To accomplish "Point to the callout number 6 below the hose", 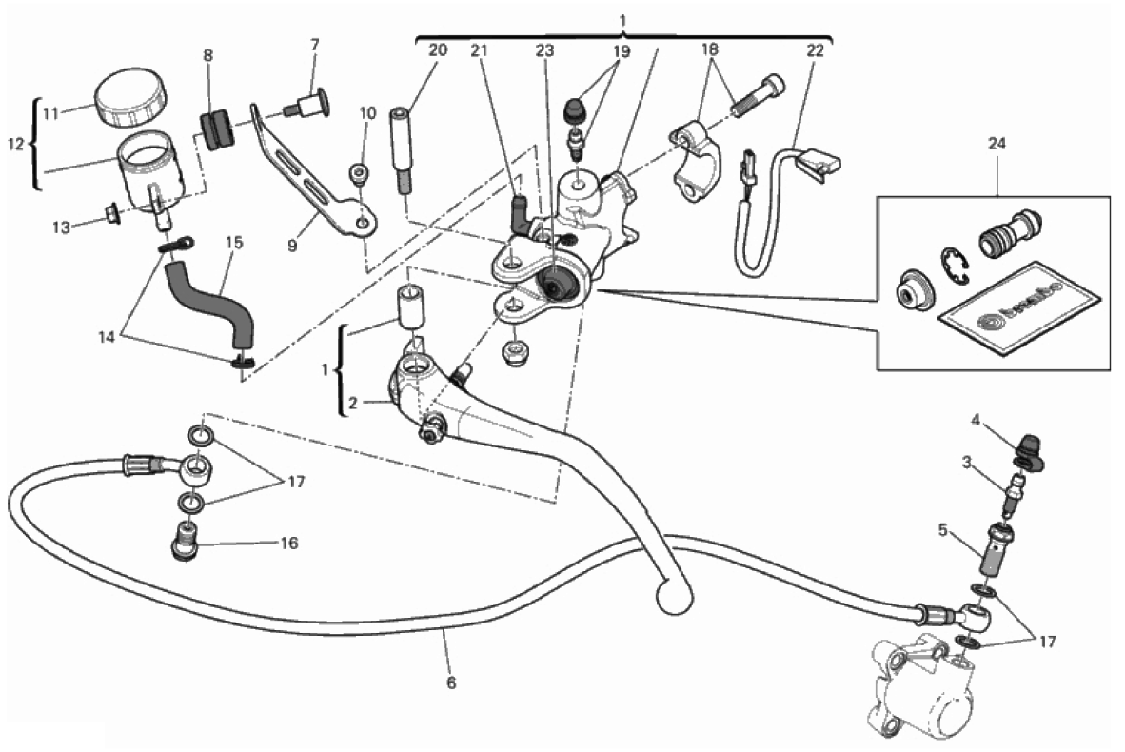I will pos(451,682).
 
